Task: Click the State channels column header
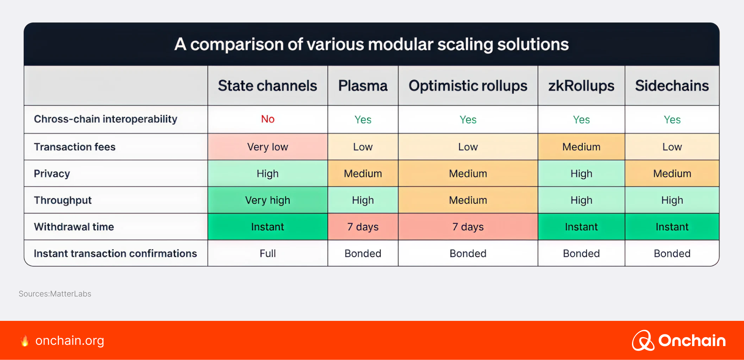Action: [x=267, y=86]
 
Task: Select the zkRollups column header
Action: [x=581, y=86]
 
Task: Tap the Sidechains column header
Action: [x=672, y=86]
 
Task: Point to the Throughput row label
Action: [x=63, y=200]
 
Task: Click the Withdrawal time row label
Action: [x=74, y=227]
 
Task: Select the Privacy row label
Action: [x=52, y=174]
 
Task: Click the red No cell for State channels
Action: [x=268, y=119]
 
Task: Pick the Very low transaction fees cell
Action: [x=268, y=147]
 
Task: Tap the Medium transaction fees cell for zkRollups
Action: [x=581, y=147]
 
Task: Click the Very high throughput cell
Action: [x=268, y=200]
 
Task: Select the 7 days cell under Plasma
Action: [x=363, y=227]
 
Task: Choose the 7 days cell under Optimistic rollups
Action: [x=468, y=227]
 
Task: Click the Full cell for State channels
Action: [x=268, y=253]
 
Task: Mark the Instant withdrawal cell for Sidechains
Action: [x=672, y=227]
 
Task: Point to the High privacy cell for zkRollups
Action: [x=581, y=174]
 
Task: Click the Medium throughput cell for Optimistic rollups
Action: [x=468, y=200]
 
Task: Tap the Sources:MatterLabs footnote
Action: [x=55, y=294]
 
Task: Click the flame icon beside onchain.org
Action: [x=25, y=341]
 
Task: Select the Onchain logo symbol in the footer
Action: [x=643, y=341]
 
